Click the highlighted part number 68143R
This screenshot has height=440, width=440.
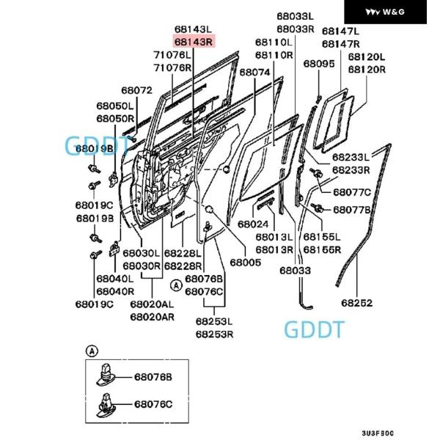click(x=193, y=42)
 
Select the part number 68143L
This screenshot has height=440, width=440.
click(x=193, y=29)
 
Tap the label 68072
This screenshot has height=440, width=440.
click(x=136, y=91)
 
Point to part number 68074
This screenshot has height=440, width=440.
click(x=254, y=73)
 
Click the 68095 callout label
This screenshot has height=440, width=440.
click(x=319, y=65)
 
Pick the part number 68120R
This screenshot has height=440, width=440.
click(x=366, y=70)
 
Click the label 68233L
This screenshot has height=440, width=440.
click(x=351, y=157)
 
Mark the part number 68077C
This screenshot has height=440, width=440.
click(x=352, y=193)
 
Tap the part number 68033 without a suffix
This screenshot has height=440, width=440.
click(x=294, y=271)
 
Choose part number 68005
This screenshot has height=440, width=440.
click(x=245, y=262)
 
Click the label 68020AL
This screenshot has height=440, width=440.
click(x=152, y=304)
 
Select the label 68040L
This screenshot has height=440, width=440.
click(x=114, y=279)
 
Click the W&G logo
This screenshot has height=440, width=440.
click(x=385, y=12)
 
